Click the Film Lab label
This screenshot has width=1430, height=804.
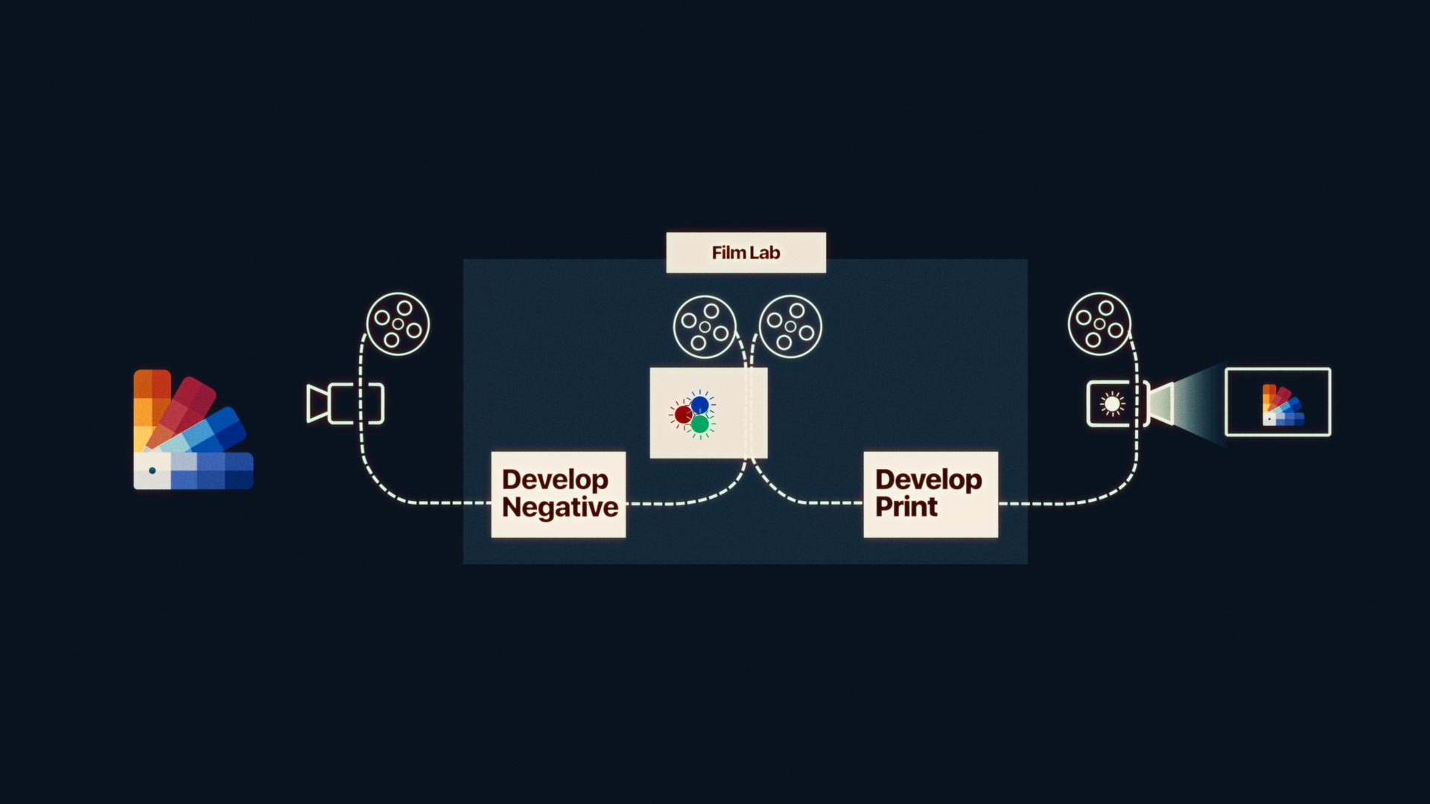[x=746, y=253]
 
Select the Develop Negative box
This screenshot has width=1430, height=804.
[x=559, y=494]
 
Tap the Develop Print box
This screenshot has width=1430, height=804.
[x=930, y=494]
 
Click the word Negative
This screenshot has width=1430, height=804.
[x=560, y=508]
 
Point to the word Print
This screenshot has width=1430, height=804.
[x=906, y=507]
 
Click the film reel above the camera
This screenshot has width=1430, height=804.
[x=398, y=324]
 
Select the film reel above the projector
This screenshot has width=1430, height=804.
[x=1099, y=324]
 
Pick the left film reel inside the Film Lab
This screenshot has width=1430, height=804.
[x=705, y=327]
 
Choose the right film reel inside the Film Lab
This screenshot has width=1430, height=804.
[x=790, y=327]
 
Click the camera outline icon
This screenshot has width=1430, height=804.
[x=345, y=403]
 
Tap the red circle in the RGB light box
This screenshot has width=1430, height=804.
[x=683, y=415]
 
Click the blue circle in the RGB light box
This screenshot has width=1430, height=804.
[x=700, y=405]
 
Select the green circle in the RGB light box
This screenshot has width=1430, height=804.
[x=699, y=424]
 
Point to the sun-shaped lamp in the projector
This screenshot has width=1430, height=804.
[x=1112, y=403]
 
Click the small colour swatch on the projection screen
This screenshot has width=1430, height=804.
[x=1282, y=405]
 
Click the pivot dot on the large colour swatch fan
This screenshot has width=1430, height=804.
[x=153, y=470]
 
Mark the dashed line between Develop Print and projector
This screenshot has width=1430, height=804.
[x=1065, y=503]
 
